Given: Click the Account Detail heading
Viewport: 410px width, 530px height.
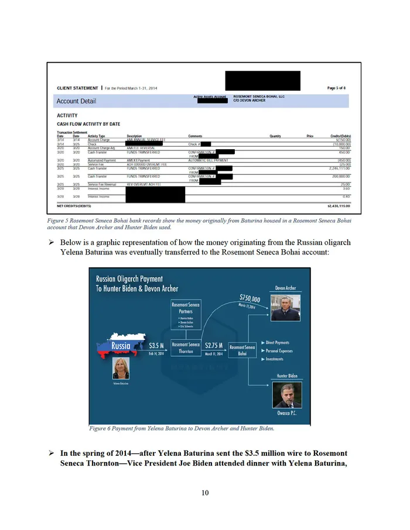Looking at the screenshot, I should point(76,101).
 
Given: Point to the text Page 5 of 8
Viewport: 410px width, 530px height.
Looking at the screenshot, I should point(340,88).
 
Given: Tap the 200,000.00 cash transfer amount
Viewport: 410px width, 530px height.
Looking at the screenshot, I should point(339,176).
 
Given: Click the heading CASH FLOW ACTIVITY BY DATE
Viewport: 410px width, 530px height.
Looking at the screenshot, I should point(88,124).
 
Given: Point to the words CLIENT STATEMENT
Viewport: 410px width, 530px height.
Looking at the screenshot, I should point(77,88).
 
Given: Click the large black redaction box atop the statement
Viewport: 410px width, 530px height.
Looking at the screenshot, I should point(262,80).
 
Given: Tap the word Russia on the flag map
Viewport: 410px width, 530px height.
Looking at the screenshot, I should point(117,346).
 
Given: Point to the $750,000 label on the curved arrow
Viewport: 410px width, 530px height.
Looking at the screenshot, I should point(250,300).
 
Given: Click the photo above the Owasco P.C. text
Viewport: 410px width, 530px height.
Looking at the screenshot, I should point(287,395).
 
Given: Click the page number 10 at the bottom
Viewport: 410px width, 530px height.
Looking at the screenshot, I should point(205,493).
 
